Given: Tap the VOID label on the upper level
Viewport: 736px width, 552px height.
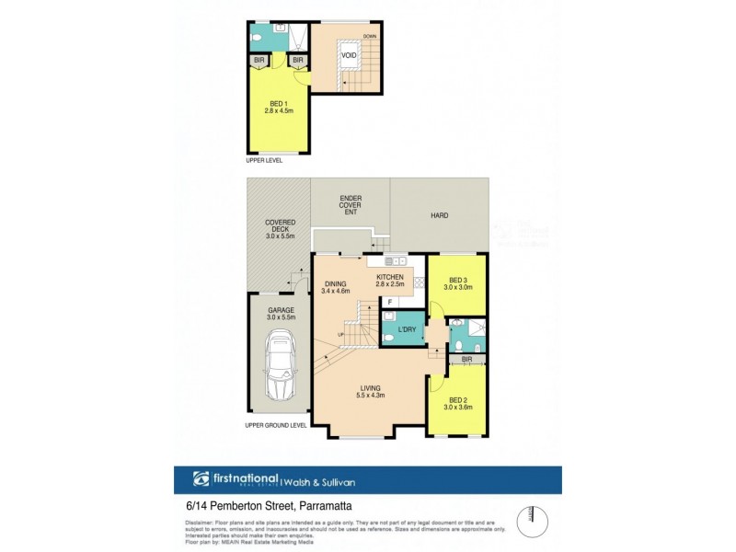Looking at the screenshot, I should pos(349,55).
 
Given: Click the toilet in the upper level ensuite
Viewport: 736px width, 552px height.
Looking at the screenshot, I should pos(259,39).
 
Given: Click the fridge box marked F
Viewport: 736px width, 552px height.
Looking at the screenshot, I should pos(390,302).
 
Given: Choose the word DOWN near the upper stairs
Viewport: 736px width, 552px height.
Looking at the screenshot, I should pos(370,36).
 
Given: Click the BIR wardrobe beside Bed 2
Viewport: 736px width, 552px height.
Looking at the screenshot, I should pos(466,359).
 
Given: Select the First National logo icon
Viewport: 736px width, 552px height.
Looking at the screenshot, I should pos(201,478).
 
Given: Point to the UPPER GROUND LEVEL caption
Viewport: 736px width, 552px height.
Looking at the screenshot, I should pos(276,426).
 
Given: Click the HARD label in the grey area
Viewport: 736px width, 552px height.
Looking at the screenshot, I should pos(439,216).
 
